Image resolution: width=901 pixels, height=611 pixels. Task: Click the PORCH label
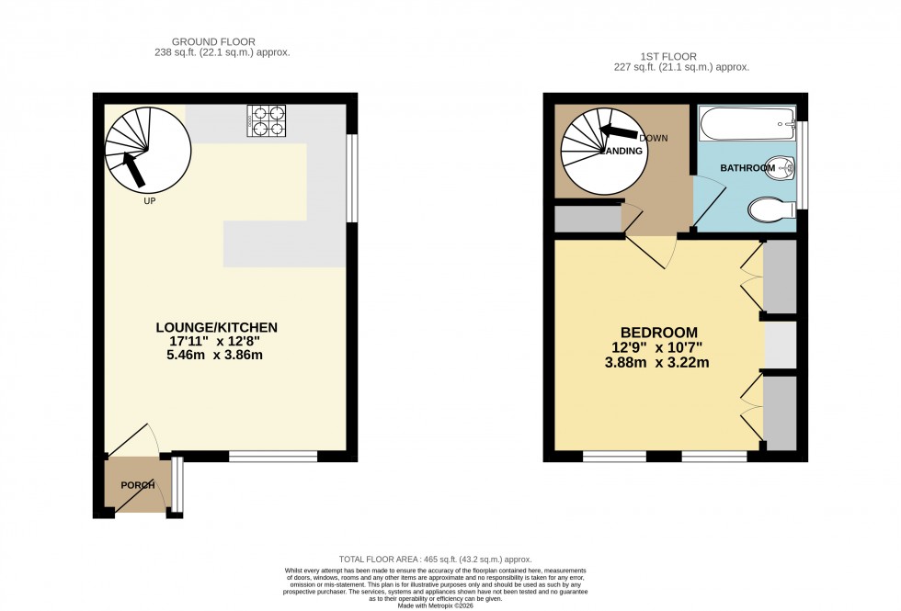point(137,485)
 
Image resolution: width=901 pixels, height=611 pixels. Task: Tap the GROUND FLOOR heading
point(213,41)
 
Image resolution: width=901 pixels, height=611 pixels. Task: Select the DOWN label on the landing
point(653,139)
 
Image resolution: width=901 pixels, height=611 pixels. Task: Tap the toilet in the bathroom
point(770,209)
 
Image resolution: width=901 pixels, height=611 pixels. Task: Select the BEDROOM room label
point(658,333)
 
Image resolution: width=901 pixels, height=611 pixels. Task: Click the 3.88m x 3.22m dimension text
point(658,362)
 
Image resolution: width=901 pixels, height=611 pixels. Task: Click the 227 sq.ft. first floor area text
point(681,68)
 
